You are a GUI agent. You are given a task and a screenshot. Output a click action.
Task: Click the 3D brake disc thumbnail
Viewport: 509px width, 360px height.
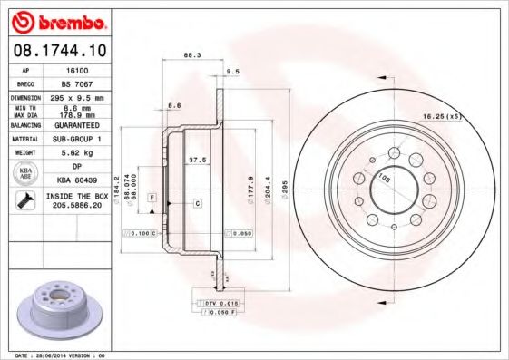click(x=63, y=307)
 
